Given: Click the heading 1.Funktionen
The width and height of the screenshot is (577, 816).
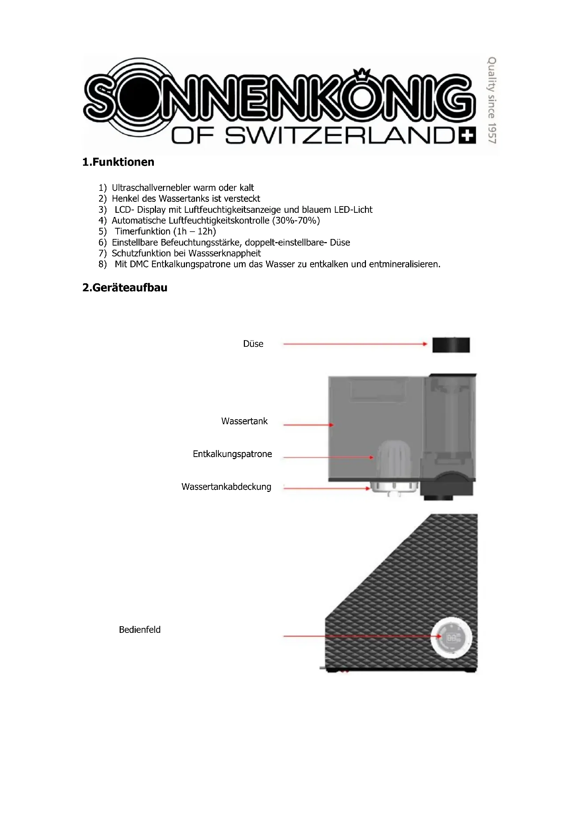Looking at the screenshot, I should point(118,162).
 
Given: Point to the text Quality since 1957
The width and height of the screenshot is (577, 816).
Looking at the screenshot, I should point(492,100).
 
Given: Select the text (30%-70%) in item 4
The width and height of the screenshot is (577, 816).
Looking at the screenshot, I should point(296,220).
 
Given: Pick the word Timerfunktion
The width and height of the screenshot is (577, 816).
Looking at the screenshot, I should point(142,231).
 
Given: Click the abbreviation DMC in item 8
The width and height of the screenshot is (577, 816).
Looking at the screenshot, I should point(139,264).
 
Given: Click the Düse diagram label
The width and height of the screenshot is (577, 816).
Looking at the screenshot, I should point(253,344).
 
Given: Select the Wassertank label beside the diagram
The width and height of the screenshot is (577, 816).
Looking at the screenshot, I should point(244,421).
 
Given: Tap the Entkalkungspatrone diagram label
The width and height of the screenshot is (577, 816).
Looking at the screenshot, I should point(232,454).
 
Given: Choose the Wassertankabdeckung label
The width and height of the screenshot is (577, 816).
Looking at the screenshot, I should point(226,487).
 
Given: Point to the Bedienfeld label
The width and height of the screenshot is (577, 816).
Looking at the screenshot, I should point(140,630).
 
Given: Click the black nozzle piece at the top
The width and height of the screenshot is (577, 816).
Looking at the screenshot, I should point(451,345).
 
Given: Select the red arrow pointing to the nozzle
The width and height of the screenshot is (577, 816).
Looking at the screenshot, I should point(355,344).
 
